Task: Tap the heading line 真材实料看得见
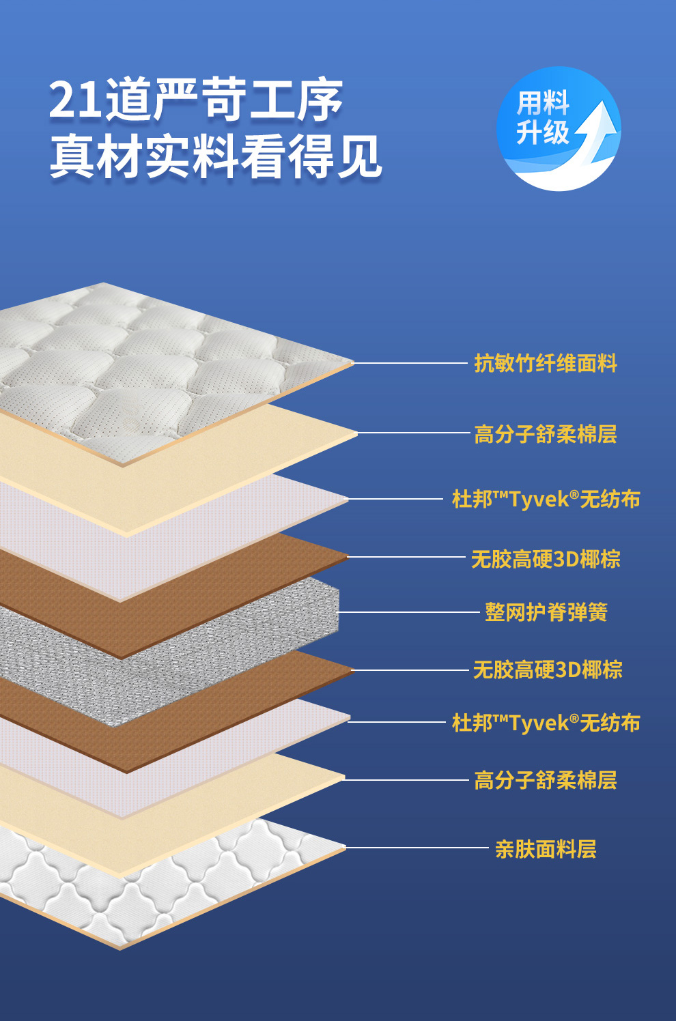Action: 215,157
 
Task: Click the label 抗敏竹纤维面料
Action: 546,364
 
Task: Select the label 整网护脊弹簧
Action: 546,612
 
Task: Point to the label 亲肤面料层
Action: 546,849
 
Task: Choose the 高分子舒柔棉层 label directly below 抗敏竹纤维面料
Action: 546,434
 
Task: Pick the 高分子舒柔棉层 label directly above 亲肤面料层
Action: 546,780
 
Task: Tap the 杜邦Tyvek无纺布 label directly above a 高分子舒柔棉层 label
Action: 546,723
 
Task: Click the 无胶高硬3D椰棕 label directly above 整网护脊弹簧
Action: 546,559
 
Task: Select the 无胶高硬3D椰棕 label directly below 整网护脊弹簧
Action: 548,670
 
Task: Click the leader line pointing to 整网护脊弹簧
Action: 410,612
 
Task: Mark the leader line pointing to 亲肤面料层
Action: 417,848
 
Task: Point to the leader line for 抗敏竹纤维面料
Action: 410,363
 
